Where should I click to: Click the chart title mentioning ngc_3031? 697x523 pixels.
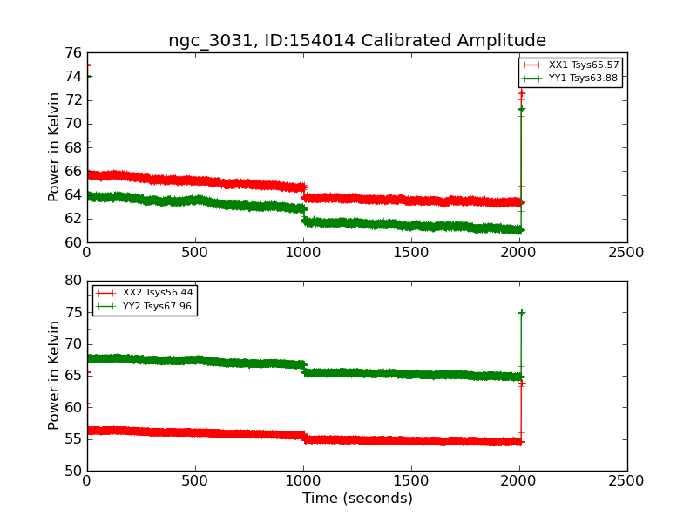(357, 40)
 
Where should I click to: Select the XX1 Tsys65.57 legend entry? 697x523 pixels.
(571, 65)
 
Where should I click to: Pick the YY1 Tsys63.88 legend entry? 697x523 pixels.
(570, 78)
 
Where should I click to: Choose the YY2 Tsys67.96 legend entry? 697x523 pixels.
(144, 307)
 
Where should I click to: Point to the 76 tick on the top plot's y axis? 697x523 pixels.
(73, 53)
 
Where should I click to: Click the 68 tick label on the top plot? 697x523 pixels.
(73, 147)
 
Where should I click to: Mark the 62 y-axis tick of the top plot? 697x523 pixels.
(73, 219)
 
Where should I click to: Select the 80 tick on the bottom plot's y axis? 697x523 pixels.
(73, 281)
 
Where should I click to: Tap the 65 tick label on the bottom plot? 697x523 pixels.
(73, 376)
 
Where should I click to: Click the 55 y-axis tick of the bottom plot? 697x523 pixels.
(73, 439)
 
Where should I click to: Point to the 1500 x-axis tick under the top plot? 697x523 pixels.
(411, 253)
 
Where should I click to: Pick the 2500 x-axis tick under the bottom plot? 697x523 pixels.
(626, 481)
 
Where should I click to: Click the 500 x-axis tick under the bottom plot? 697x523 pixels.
(194, 481)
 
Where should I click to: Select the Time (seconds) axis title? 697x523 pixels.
(357, 499)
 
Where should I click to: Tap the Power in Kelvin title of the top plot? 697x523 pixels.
(54, 147)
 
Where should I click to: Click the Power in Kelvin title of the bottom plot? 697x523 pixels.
(54, 376)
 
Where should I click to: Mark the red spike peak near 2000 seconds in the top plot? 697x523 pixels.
(521, 92)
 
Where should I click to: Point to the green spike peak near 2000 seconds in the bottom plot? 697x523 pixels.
(521, 313)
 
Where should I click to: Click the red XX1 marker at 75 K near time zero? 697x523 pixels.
(89, 65)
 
